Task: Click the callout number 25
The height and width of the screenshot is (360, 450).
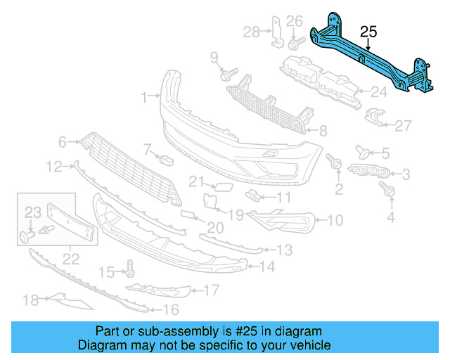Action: click(x=368, y=32)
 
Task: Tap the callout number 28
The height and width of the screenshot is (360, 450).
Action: click(x=251, y=32)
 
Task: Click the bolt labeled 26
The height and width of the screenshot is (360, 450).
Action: click(x=292, y=44)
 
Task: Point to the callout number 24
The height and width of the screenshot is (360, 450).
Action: click(x=379, y=90)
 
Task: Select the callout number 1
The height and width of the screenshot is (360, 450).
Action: click(x=144, y=96)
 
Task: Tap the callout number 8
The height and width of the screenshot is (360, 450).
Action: click(x=323, y=130)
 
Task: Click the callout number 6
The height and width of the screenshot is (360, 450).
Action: click(x=63, y=142)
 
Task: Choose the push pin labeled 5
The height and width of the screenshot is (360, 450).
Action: click(x=364, y=150)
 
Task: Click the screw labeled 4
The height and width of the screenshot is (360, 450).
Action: click(x=385, y=188)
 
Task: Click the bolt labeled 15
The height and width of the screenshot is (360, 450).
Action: click(x=130, y=267)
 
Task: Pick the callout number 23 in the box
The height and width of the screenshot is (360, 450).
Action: click(x=33, y=212)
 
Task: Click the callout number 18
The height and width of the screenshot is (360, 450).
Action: click(x=30, y=301)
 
